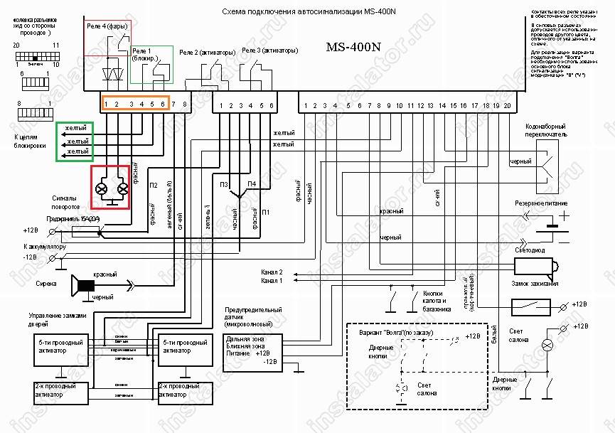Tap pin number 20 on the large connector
tap(506, 106)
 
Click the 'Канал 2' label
tap(272, 272)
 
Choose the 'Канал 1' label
tap(272, 280)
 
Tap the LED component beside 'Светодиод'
tap(534, 267)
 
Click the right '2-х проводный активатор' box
tap(181, 391)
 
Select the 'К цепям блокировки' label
tap(30, 140)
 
